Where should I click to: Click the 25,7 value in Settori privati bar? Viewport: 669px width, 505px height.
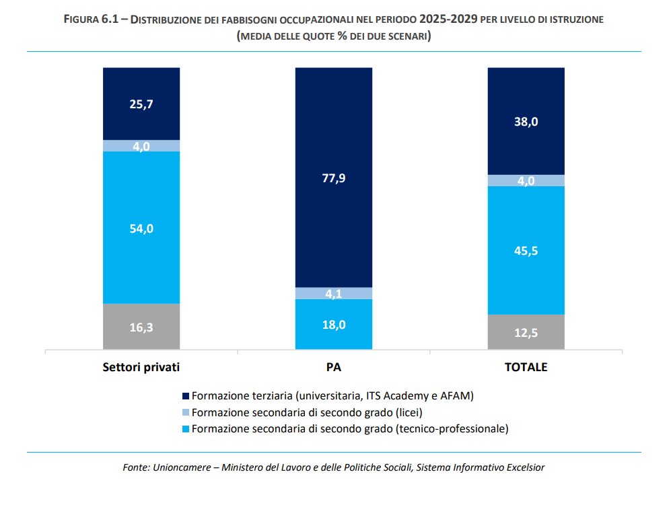pyautogui.click(x=141, y=104)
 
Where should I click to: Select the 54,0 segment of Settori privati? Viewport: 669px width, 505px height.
pyautogui.click(x=141, y=228)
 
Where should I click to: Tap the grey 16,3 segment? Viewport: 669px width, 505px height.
pyautogui.click(x=141, y=327)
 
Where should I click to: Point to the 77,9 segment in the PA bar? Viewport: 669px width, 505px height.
pyautogui.click(x=334, y=178)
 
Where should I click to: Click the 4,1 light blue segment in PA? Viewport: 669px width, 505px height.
pyautogui.click(x=334, y=293)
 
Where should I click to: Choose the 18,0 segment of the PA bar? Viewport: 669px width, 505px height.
pyautogui.click(x=334, y=325)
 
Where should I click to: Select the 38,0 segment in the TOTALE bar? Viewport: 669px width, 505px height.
pyautogui.click(x=526, y=122)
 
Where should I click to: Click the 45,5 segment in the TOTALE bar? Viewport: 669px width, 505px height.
pyautogui.click(x=526, y=250)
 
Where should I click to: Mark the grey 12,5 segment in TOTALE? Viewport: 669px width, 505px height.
pyautogui.click(x=526, y=332)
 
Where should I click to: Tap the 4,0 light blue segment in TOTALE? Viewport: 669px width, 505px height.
pyautogui.click(x=526, y=180)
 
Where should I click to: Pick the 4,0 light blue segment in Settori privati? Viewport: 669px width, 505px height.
pyautogui.click(x=141, y=146)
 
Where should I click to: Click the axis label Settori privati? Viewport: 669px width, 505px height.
pyautogui.click(x=141, y=368)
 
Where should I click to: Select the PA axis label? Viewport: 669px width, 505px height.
pyautogui.click(x=334, y=368)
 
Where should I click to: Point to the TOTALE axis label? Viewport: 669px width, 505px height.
pyautogui.click(x=526, y=368)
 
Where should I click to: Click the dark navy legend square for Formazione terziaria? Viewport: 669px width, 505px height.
pyautogui.click(x=186, y=396)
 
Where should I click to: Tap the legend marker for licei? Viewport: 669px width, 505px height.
pyautogui.click(x=186, y=412)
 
